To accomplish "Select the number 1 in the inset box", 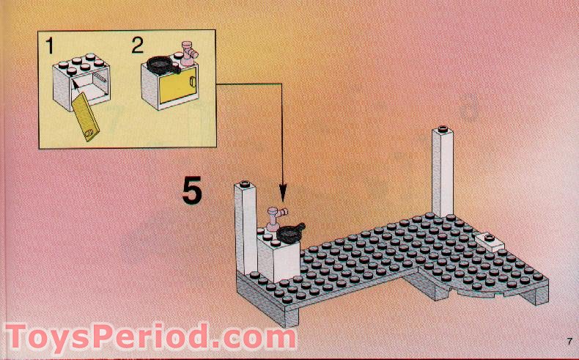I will click(x=50, y=46).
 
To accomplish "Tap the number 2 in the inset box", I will click(x=137, y=45).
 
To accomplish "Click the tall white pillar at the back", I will click(x=443, y=172).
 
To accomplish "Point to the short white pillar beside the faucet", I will click(x=246, y=224).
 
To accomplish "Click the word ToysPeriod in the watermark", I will click(x=110, y=338).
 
